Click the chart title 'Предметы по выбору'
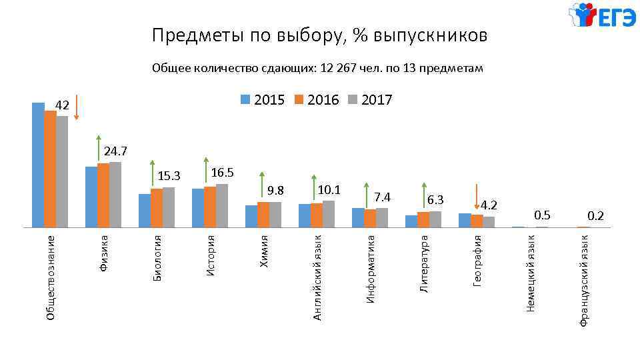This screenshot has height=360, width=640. pyautogui.click(x=319, y=35)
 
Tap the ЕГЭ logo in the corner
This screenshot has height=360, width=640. pyautogui.click(x=602, y=16)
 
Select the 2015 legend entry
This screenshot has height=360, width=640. pyautogui.click(x=263, y=100)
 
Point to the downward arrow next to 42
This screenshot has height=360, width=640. pyautogui.click(x=77, y=107)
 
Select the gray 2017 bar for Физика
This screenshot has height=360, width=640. pyautogui.click(x=115, y=195)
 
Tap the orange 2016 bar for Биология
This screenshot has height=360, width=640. pyautogui.click(x=157, y=208)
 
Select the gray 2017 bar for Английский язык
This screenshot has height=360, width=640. pyautogui.click(x=329, y=214)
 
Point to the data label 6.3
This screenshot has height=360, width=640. pyautogui.click(x=435, y=200)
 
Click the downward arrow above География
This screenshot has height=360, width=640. pyautogui.click(x=477, y=197)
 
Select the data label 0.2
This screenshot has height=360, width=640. pyautogui.click(x=595, y=215)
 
